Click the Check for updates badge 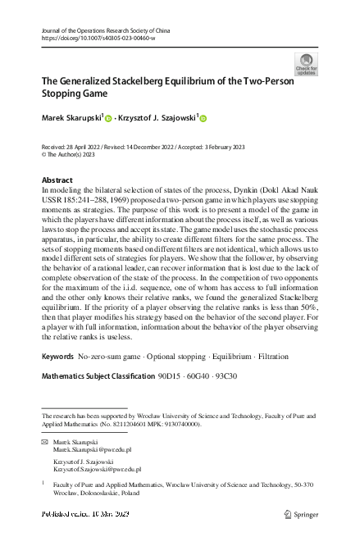coord(306,64)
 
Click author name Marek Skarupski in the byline coord(71,119)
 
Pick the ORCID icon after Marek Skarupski coord(107,120)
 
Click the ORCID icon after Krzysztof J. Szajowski coord(203,120)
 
